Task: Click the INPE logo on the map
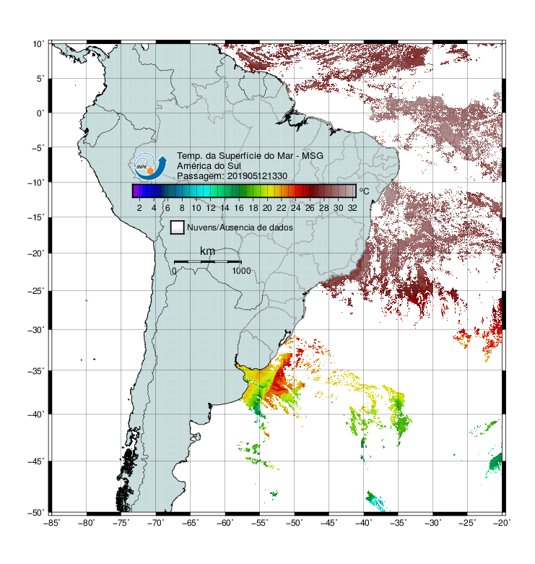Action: click(x=150, y=166)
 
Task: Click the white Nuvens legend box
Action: click(x=178, y=227)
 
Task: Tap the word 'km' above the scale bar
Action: click(x=207, y=251)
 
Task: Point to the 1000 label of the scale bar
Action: click(x=241, y=271)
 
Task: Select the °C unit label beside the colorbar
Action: click(x=364, y=191)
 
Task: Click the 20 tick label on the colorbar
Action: click(x=267, y=208)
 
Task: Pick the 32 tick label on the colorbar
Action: click(x=352, y=208)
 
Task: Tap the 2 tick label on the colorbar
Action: click(x=139, y=208)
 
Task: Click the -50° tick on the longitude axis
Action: click(x=295, y=523)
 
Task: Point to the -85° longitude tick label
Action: click(x=52, y=523)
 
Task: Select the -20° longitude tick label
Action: click(x=502, y=523)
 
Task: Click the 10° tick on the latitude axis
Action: click(x=38, y=44)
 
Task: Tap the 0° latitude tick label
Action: click(x=40, y=113)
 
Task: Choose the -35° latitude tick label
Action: click(x=36, y=370)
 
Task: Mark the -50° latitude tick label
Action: click(x=36, y=513)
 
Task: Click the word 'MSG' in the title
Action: click(x=313, y=156)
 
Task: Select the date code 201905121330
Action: click(x=257, y=176)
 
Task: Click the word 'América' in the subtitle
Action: click(x=193, y=166)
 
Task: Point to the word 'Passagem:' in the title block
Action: click(x=201, y=176)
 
